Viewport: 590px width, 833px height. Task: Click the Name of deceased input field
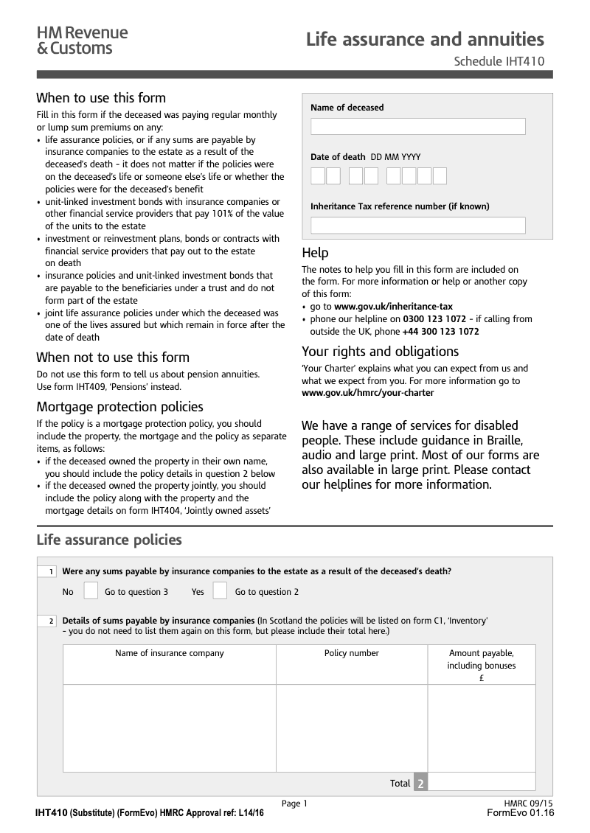click(x=417, y=126)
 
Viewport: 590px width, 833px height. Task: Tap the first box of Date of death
click(x=318, y=175)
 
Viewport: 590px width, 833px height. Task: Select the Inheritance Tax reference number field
click(x=417, y=225)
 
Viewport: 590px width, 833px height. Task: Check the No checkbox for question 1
click(x=91, y=591)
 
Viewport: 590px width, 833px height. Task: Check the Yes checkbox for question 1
click(x=220, y=591)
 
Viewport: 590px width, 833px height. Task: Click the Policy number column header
click(x=351, y=653)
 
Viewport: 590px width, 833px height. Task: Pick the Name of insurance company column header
click(x=170, y=653)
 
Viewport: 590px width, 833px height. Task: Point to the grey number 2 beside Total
click(x=420, y=783)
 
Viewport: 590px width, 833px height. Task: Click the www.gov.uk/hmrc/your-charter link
click(x=367, y=393)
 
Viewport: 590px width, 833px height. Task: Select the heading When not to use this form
click(x=113, y=358)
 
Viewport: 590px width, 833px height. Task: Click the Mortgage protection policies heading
click(x=119, y=407)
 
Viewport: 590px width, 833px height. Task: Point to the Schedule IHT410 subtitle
click(x=499, y=61)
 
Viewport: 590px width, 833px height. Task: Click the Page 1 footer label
click(x=294, y=804)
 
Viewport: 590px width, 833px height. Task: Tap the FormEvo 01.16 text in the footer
click(x=520, y=812)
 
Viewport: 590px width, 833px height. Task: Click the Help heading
click(x=315, y=253)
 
